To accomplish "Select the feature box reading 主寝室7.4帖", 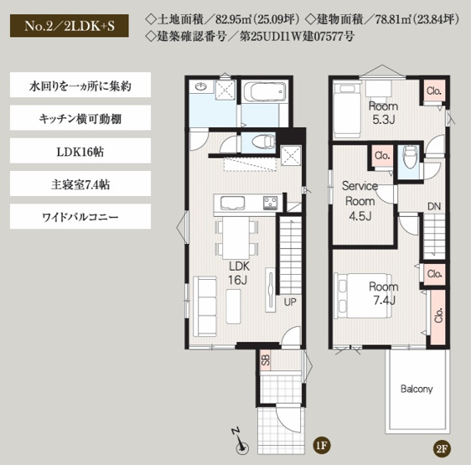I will click(x=80, y=183).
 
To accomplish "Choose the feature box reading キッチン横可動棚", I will click(x=80, y=118).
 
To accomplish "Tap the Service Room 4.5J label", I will click(x=360, y=200).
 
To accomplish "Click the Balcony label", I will click(x=417, y=390).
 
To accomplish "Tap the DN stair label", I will click(x=433, y=206).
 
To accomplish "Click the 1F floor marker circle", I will click(x=321, y=445).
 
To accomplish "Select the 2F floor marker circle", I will click(x=442, y=450).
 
